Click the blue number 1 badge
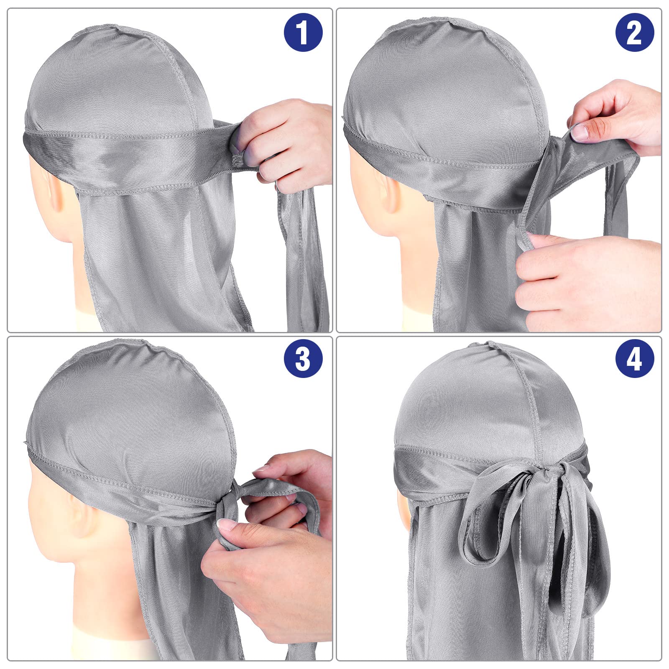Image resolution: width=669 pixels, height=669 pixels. coord(303,32)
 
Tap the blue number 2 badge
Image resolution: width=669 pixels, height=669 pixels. coord(634,32)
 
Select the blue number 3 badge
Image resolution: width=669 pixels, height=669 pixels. coord(303,358)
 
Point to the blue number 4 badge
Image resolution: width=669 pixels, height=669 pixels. coord(634,358)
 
